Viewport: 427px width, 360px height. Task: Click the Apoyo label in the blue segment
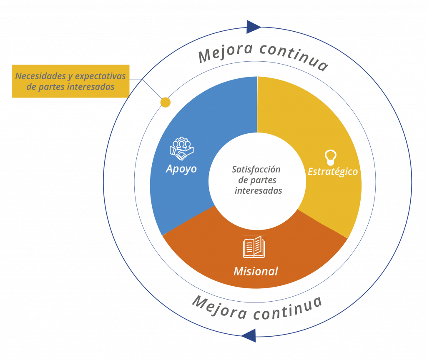click(181, 169)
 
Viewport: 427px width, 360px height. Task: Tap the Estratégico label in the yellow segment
click(333, 171)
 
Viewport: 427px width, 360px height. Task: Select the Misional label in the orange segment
click(256, 271)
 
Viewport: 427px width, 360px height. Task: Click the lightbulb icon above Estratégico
click(331, 157)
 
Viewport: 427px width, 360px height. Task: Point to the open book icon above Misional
click(254, 247)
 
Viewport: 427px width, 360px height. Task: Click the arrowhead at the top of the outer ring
click(254, 27)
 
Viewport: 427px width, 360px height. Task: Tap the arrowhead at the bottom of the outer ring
click(249, 335)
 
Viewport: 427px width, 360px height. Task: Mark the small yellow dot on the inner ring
click(166, 102)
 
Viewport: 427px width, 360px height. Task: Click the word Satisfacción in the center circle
click(256, 170)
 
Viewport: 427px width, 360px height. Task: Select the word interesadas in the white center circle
click(259, 191)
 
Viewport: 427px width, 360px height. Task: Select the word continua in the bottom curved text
click(288, 308)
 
